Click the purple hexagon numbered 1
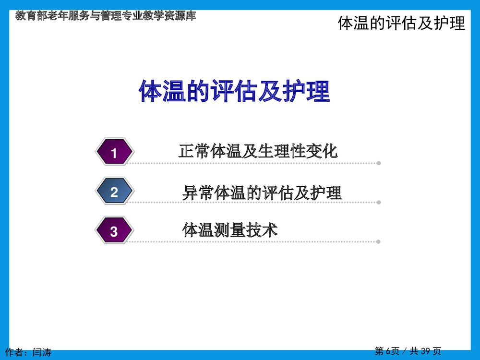114,153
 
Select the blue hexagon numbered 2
114,192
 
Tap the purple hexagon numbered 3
114,231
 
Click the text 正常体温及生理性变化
258,151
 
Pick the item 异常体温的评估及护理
262,192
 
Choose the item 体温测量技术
230,230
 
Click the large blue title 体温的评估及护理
234,91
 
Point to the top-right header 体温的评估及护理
401,23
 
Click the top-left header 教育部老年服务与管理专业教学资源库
106,16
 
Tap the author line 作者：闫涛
28,352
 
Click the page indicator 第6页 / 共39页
408,351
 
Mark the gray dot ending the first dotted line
379,163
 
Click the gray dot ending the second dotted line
379,202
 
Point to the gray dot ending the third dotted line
379,241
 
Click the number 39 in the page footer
425,351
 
